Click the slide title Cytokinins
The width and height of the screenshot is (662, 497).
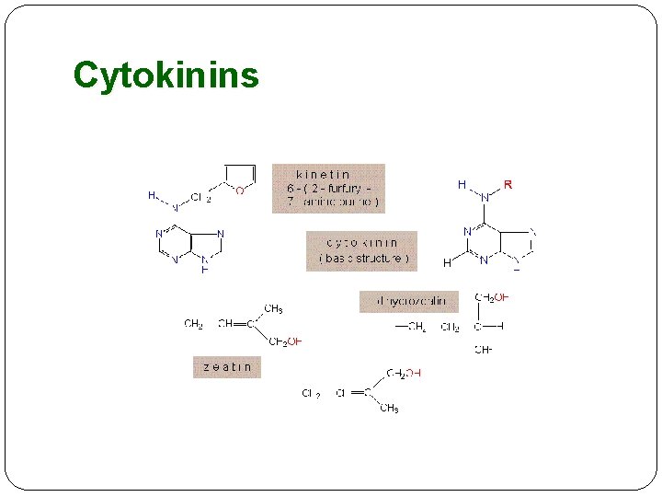tap(165, 75)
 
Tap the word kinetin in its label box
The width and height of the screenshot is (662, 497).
tap(323, 174)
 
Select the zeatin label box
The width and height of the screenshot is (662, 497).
tap(225, 366)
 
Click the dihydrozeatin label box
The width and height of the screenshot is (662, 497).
tap(408, 301)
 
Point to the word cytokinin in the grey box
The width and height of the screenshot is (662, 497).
tap(362, 244)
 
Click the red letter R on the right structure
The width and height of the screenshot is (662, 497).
tap(508, 185)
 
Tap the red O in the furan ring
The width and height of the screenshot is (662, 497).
tap(240, 191)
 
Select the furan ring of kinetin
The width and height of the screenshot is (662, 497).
tap(239, 177)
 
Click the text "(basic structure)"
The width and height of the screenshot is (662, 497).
tap(363, 259)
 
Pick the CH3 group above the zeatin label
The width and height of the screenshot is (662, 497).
tap(273, 309)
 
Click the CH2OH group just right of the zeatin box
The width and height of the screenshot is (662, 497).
tap(285, 341)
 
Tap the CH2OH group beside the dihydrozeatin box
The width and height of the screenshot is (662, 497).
tap(491, 297)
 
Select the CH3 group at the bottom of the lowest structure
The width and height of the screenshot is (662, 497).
tap(389, 408)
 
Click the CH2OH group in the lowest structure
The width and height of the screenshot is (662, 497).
tap(404, 373)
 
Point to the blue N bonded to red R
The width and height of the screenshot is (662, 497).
tap(484, 197)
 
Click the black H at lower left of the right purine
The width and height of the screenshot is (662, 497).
tap(447, 263)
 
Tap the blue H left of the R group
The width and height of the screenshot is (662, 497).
tap(462, 185)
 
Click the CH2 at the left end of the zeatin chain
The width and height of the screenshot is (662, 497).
tap(193, 324)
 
